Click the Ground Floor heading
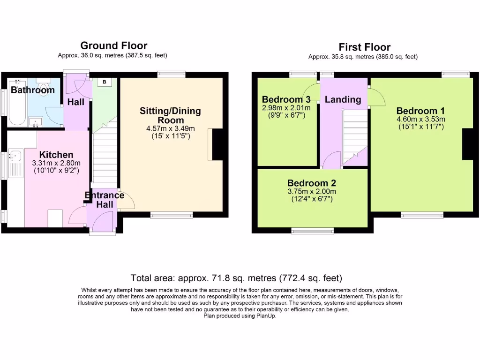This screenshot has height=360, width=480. pyautogui.click(x=114, y=45)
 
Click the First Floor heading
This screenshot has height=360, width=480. pyautogui.click(x=364, y=47)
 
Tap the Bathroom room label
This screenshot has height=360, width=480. pyautogui.click(x=33, y=90)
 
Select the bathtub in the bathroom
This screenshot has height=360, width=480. pyautogui.click(x=17, y=103)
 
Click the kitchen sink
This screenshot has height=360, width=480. pyautogui.click(x=15, y=156)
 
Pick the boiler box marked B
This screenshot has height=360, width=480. pyautogui.click(x=105, y=82)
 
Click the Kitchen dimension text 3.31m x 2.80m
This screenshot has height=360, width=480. pyautogui.click(x=56, y=163)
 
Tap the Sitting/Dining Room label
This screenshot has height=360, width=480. pyautogui.click(x=171, y=115)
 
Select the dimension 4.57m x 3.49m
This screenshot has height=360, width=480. pyautogui.click(x=171, y=128)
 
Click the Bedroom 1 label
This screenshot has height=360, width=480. pyautogui.click(x=420, y=111)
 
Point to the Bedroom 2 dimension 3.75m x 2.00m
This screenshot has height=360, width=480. pyautogui.click(x=312, y=192)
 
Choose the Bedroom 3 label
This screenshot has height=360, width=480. pyautogui.click(x=286, y=99)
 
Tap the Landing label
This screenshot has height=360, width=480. pyautogui.click(x=343, y=99)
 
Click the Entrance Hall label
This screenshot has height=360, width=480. pyautogui.click(x=105, y=200)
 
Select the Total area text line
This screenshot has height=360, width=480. pyautogui.click(x=236, y=278)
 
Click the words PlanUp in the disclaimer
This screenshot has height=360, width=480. pyautogui.click(x=266, y=316)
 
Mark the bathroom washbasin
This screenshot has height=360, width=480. pyautogui.click(x=36, y=122)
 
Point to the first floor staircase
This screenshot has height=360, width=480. pyautogui.click(x=355, y=137)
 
